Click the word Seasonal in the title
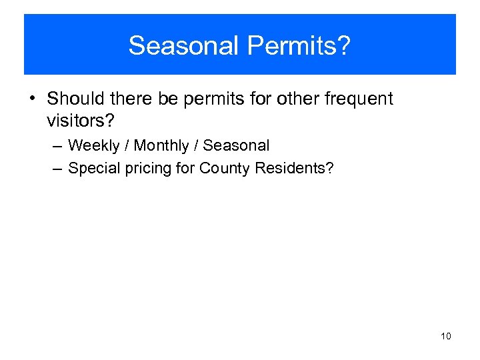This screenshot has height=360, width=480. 183,46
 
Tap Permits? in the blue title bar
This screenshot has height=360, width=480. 298,46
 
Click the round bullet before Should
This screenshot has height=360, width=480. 32,99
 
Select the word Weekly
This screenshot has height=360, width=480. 94,145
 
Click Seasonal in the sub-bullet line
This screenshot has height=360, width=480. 236,145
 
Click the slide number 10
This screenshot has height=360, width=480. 445,336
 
